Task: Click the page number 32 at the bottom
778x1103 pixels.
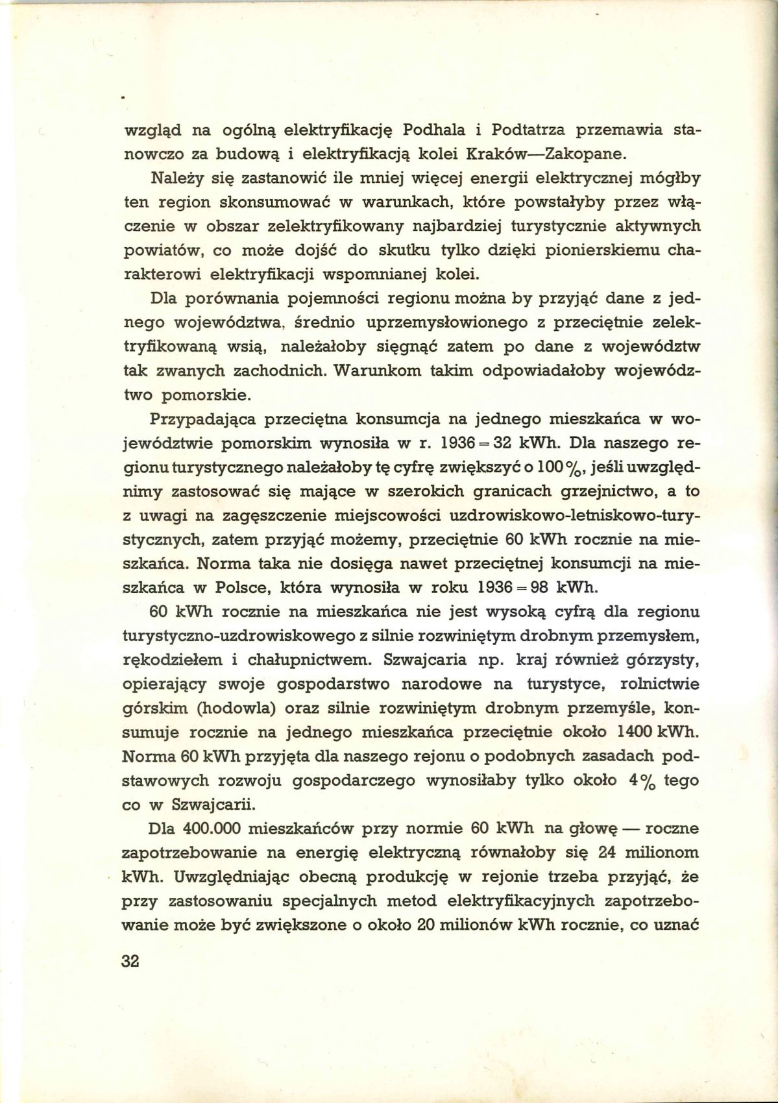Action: coord(130,961)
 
